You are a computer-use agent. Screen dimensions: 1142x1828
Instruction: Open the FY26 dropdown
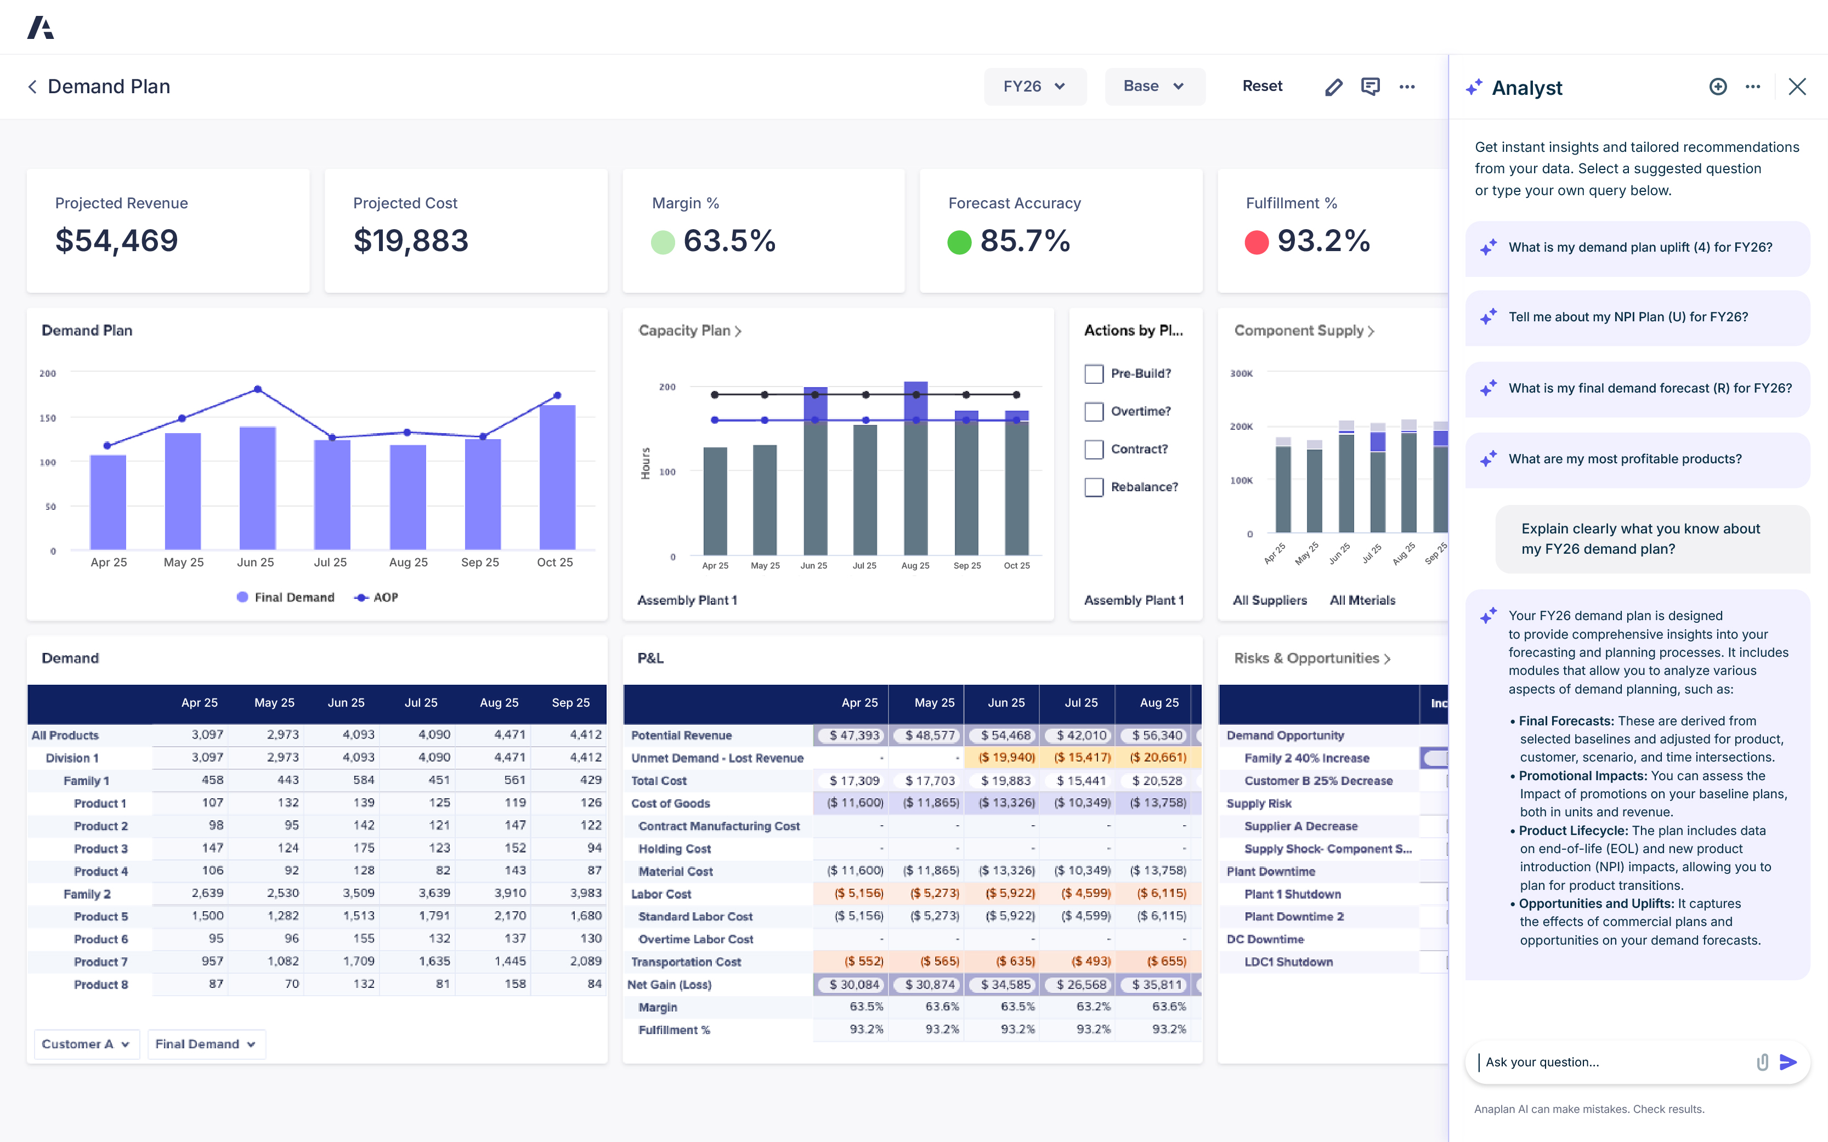point(1034,86)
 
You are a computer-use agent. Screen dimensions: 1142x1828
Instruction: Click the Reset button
point(1261,86)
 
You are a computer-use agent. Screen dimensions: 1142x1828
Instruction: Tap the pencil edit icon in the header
point(1333,87)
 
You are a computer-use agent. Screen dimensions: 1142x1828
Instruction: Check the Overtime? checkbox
point(1094,412)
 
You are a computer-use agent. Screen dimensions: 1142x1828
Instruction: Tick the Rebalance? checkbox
point(1094,487)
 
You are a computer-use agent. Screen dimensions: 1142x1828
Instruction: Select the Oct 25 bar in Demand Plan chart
point(557,478)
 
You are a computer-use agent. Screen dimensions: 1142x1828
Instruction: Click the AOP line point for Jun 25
point(258,389)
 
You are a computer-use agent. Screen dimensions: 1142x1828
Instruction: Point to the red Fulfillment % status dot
point(1256,242)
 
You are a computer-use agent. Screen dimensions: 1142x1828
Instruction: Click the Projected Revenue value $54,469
point(117,241)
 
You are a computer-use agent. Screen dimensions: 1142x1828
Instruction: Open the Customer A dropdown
point(86,1044)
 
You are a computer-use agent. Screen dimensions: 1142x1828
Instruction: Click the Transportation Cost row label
point(686,962)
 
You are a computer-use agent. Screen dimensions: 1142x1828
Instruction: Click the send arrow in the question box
point(1787,1062)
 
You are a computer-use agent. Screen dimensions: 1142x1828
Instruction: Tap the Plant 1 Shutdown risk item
point(1293,894)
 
